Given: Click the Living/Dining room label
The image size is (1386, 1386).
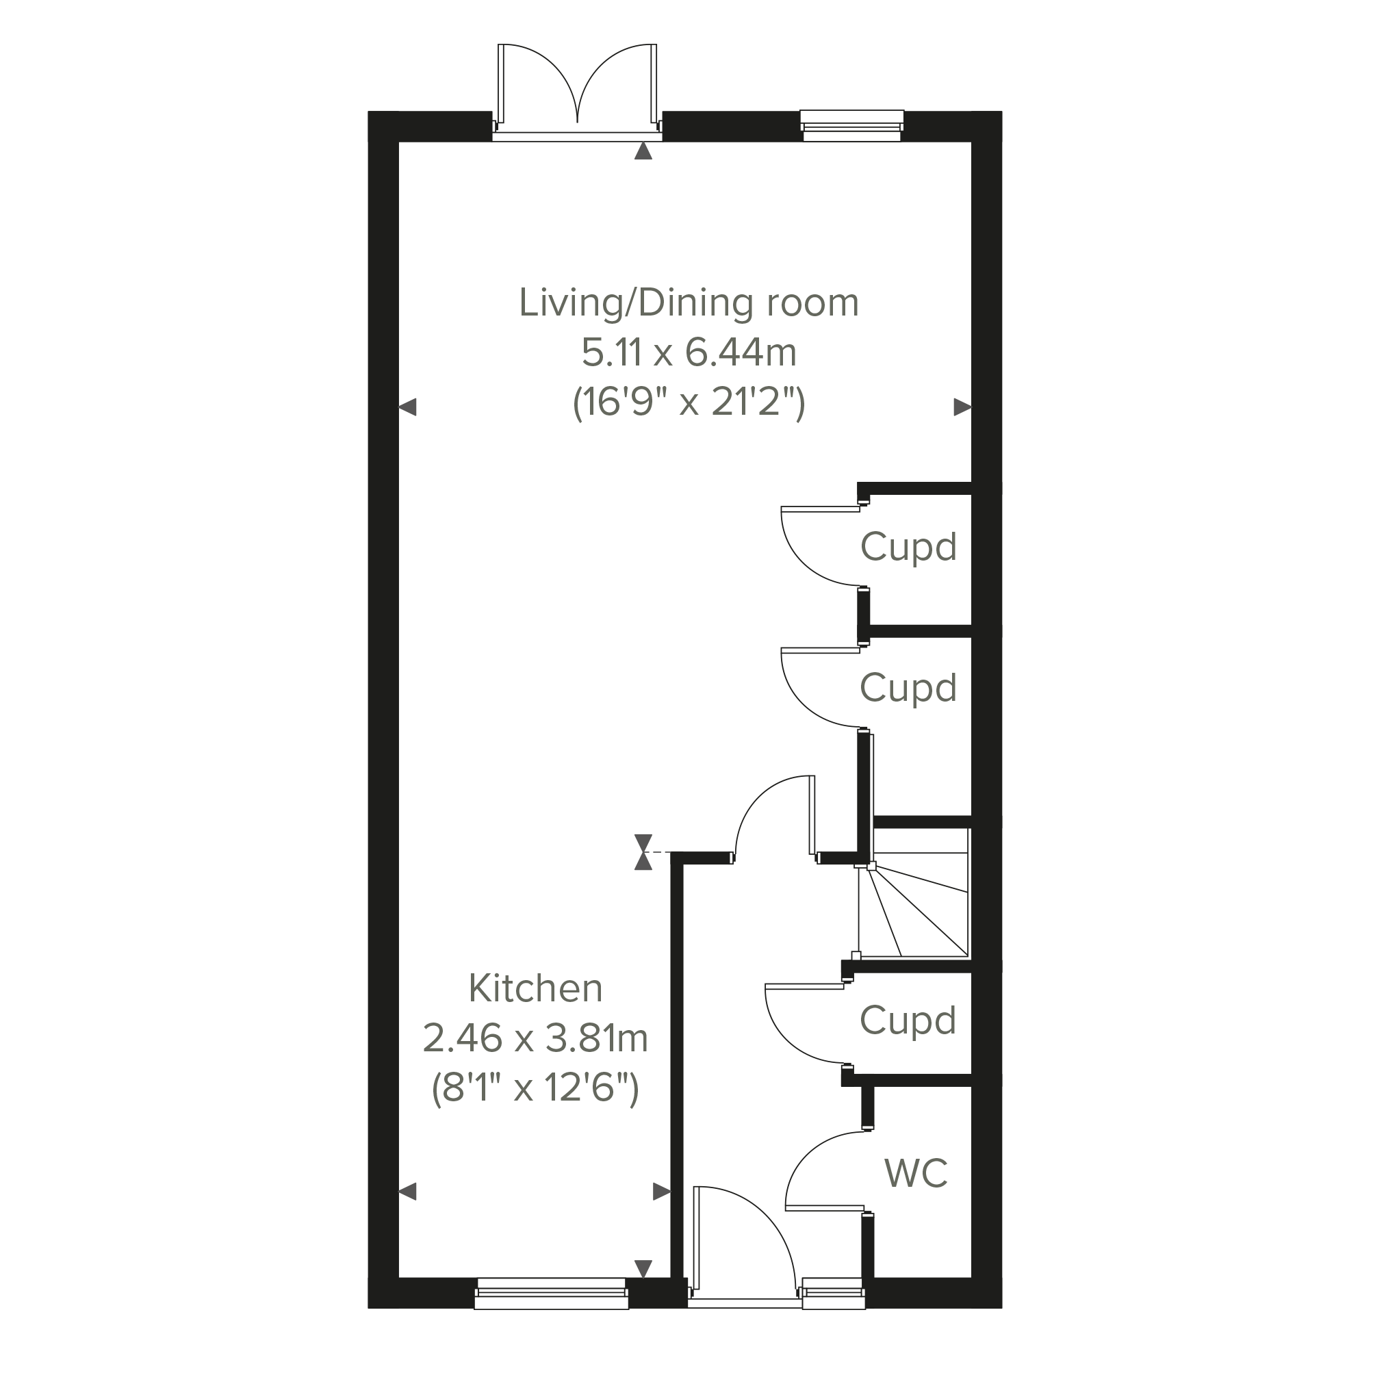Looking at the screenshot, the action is click(x=689, y=303).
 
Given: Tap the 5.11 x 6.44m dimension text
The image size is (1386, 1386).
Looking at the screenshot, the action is click(x=689, y=353).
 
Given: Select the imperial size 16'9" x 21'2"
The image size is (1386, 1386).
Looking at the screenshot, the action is click(x=689, y=402).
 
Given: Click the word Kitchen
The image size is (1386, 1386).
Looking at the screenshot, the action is click(x=535, y=988).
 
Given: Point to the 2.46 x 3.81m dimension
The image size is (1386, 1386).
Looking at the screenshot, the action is click(x=535, y=1038).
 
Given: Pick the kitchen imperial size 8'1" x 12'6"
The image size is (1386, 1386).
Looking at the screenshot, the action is click(x=535, y=1088).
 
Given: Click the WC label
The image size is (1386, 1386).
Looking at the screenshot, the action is click(x=916, y=1173).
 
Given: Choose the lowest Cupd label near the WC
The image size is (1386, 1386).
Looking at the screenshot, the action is click(x=908, y=1021).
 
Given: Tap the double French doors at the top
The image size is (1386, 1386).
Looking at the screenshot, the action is click(x=577, y=90).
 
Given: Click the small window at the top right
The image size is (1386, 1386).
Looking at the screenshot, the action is click(x=851, y=125).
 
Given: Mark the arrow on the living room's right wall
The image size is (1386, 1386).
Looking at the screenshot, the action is click(x=962, y=407).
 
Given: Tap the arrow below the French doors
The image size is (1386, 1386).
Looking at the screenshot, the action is click(x=643, y=151).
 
